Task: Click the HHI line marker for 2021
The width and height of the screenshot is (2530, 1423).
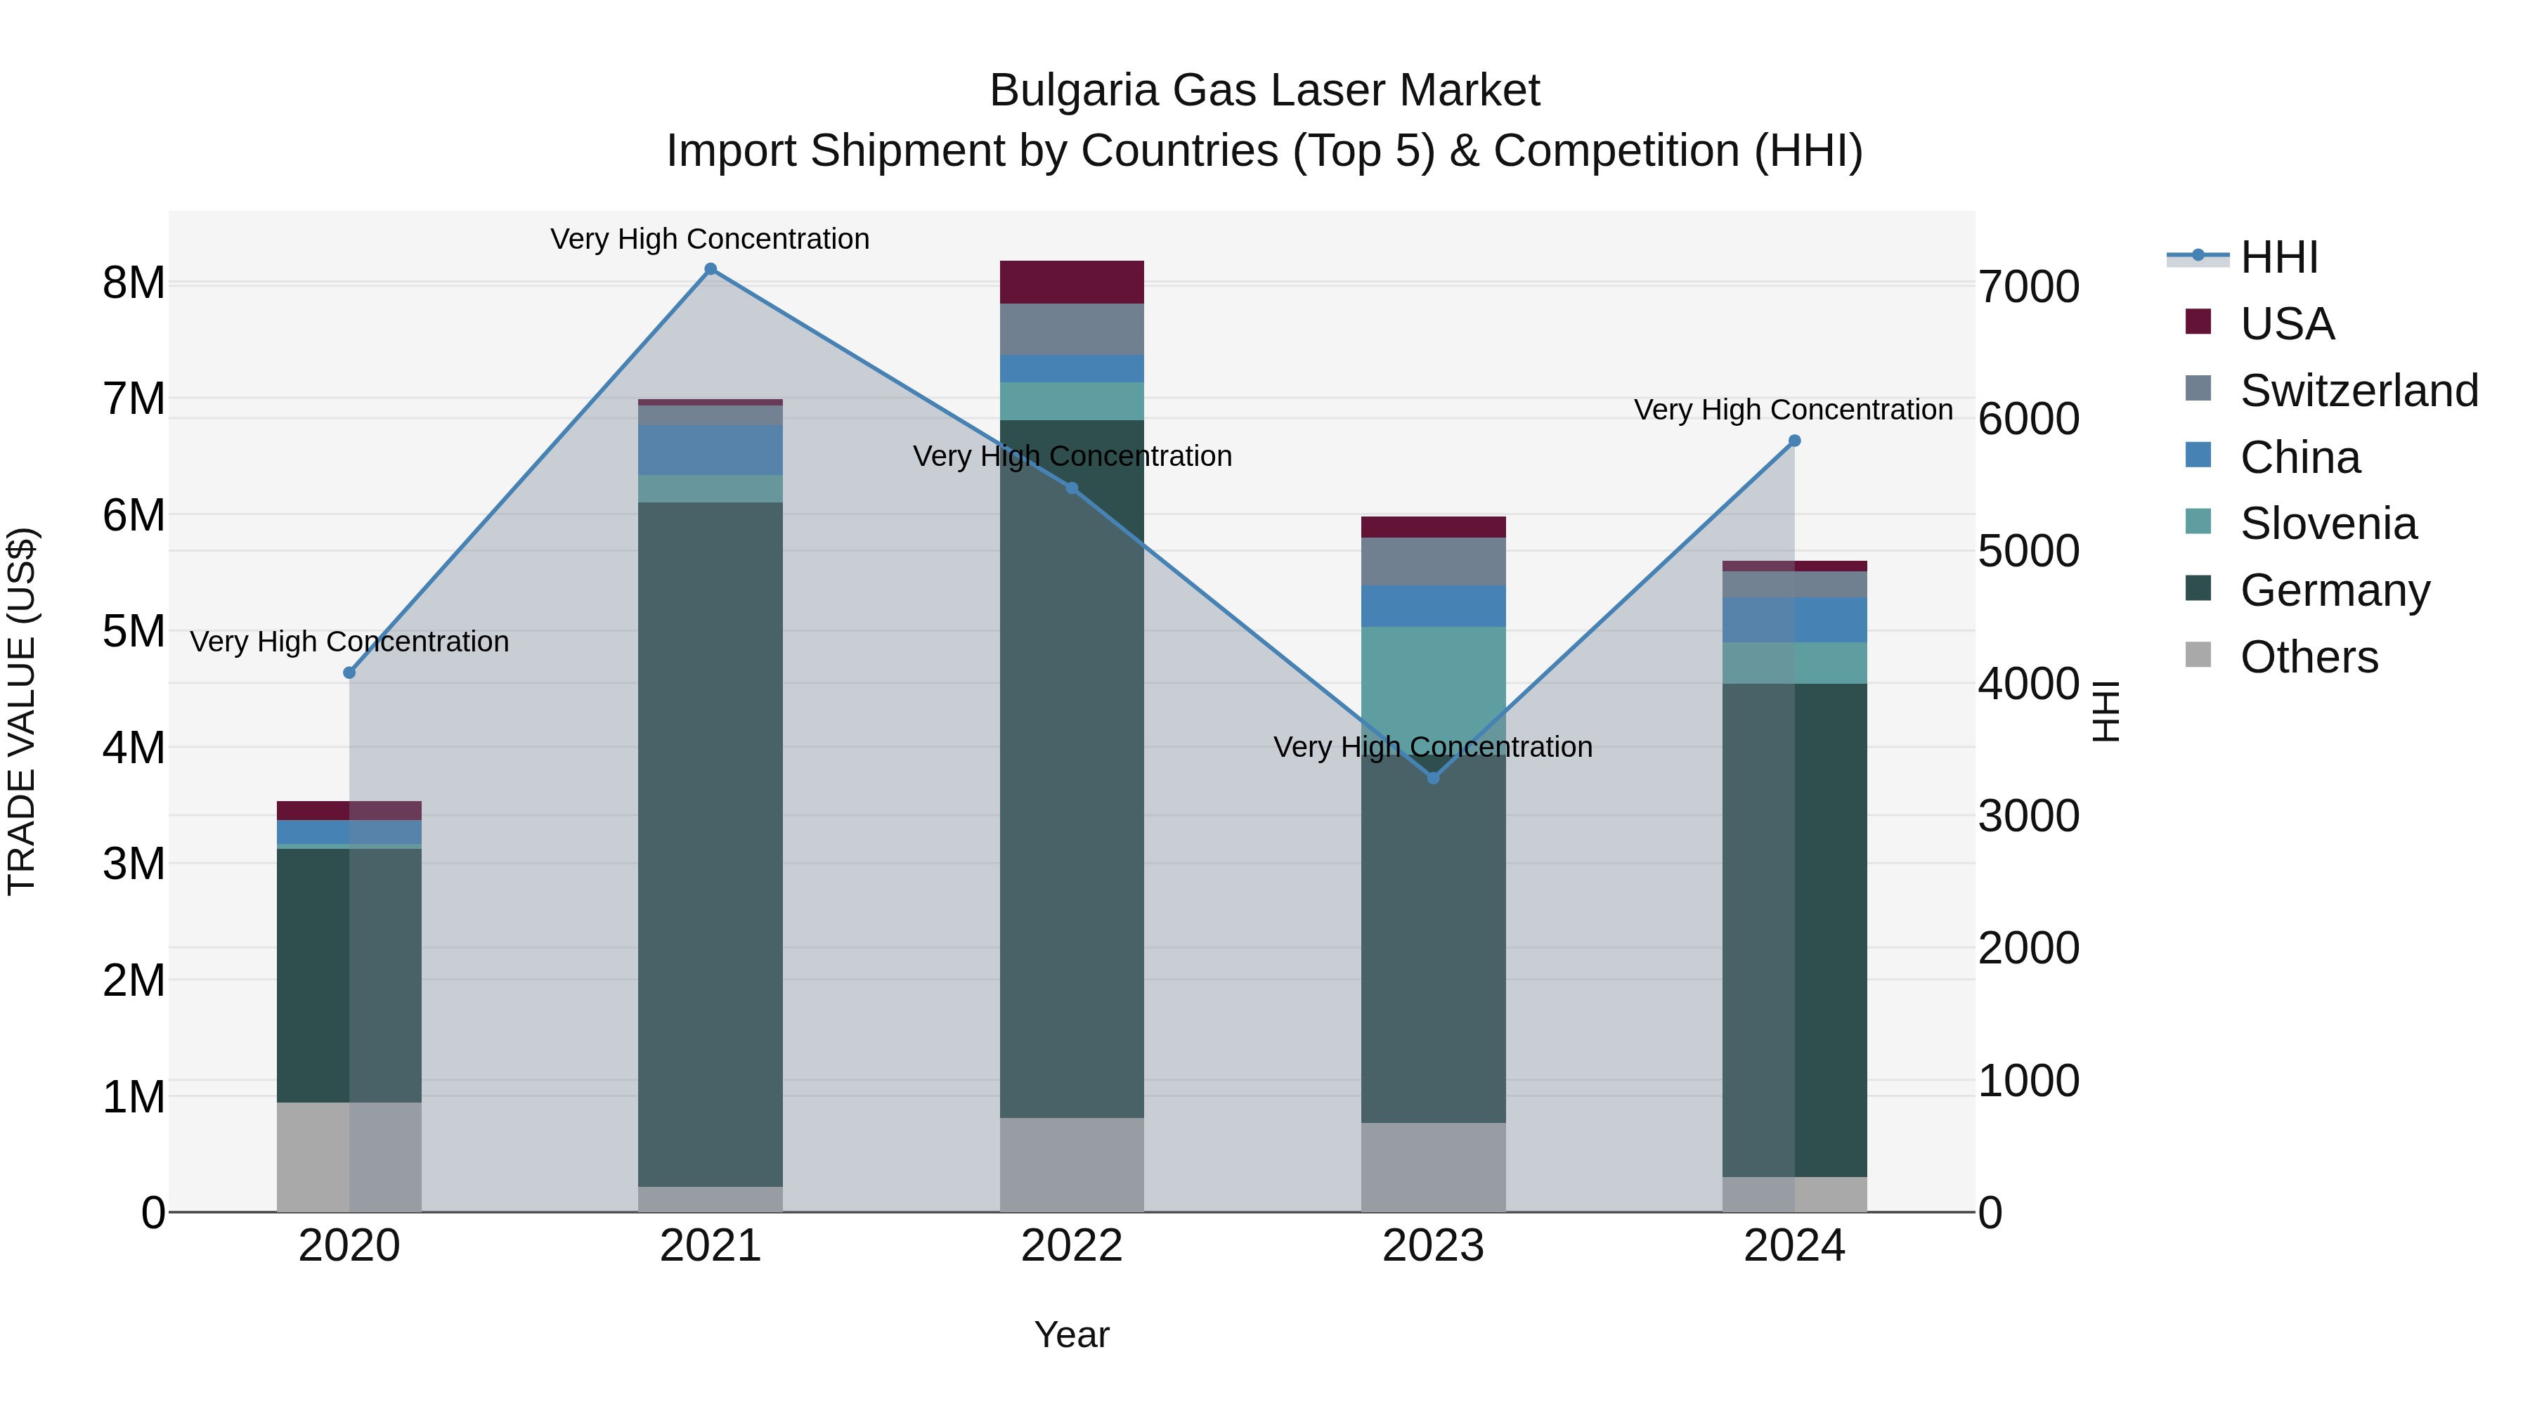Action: point(710,269)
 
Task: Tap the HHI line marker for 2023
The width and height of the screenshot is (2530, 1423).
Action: point(1433,778)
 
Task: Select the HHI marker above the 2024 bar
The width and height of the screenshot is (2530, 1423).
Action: point(1794,441)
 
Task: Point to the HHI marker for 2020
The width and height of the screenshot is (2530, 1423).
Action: point(350,672)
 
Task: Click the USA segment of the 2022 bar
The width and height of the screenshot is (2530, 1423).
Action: point(1072,282)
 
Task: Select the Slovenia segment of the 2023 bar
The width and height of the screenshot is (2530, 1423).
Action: point(1433,677)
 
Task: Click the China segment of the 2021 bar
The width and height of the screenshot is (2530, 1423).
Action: point(710,450)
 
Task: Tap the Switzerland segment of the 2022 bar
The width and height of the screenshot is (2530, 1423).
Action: point(1072,329)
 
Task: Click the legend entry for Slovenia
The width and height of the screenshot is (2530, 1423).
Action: point(2328,524)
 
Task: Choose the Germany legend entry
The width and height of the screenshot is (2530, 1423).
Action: point(2335,590)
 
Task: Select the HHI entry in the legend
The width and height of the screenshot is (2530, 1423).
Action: point(2278,257)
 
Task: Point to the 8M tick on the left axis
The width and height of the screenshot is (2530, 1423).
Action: point(134,282)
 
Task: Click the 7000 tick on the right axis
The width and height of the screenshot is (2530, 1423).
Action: point(2028,287)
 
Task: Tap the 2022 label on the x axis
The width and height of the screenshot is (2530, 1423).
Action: point(1072,1246)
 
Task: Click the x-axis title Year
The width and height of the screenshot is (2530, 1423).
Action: point(1072,1334)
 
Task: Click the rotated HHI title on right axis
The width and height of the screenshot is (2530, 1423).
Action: point(2106,711)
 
